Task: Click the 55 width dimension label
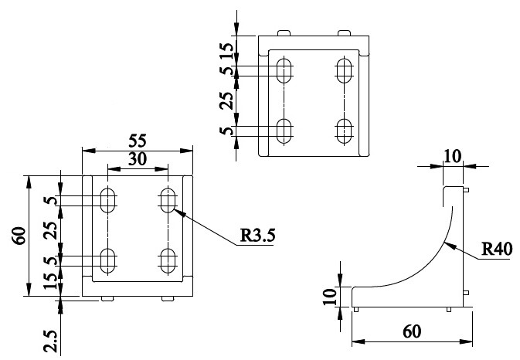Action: point(138,141)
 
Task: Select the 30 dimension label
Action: point(138,159)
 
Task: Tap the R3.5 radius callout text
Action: point(257,236)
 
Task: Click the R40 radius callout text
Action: point(497,249)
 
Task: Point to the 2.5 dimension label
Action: point(52,341)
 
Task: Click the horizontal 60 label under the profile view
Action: point(412,331)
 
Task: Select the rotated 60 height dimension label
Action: point(19,236)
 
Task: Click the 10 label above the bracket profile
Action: point(452,157)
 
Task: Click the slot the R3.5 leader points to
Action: point(168,200)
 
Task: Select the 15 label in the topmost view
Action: point(227,50)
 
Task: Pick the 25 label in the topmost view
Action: point(226,100)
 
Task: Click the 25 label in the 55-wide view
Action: point(51,230)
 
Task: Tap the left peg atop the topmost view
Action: point(284,33)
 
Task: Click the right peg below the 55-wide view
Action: point(168,299)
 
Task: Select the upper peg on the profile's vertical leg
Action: point(466,190)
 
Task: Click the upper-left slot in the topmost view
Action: point(284,70)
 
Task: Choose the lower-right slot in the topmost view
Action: point(344,131)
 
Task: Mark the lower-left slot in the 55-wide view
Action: point(107,261)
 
